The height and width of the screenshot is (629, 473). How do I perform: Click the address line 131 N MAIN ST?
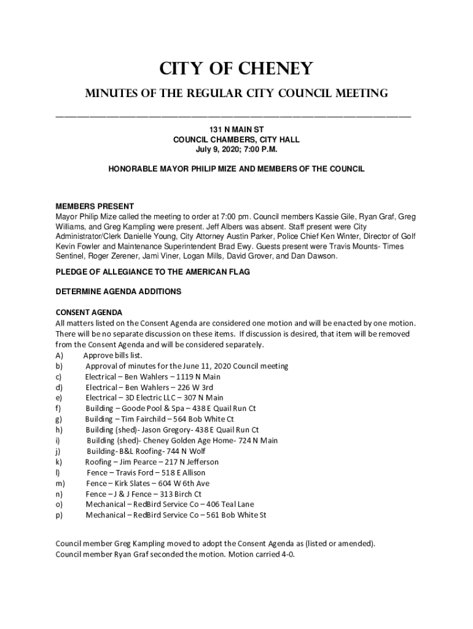tap(237, 130)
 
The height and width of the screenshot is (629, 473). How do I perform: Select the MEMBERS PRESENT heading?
tap(95, 206)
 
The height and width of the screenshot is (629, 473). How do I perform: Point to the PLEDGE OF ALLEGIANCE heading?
tap(153, 272)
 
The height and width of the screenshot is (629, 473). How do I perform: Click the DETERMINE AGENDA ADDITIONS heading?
tap(119, 292)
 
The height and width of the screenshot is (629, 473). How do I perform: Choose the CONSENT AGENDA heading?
tap(89, 313)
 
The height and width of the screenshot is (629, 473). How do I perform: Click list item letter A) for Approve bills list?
tap(60, 356)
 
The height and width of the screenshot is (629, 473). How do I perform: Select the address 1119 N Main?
tap(198, 377)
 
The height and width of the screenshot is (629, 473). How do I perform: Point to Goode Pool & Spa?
tap(151, 408)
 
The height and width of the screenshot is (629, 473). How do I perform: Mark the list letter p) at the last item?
tap(59, 515)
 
